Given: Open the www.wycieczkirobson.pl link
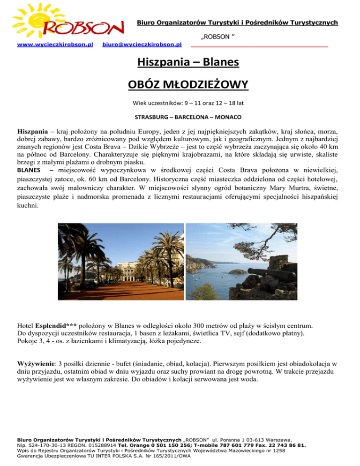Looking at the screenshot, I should (55, 45).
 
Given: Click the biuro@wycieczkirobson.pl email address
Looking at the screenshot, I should (142, 45).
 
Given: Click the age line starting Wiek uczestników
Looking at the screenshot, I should (180, 103).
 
